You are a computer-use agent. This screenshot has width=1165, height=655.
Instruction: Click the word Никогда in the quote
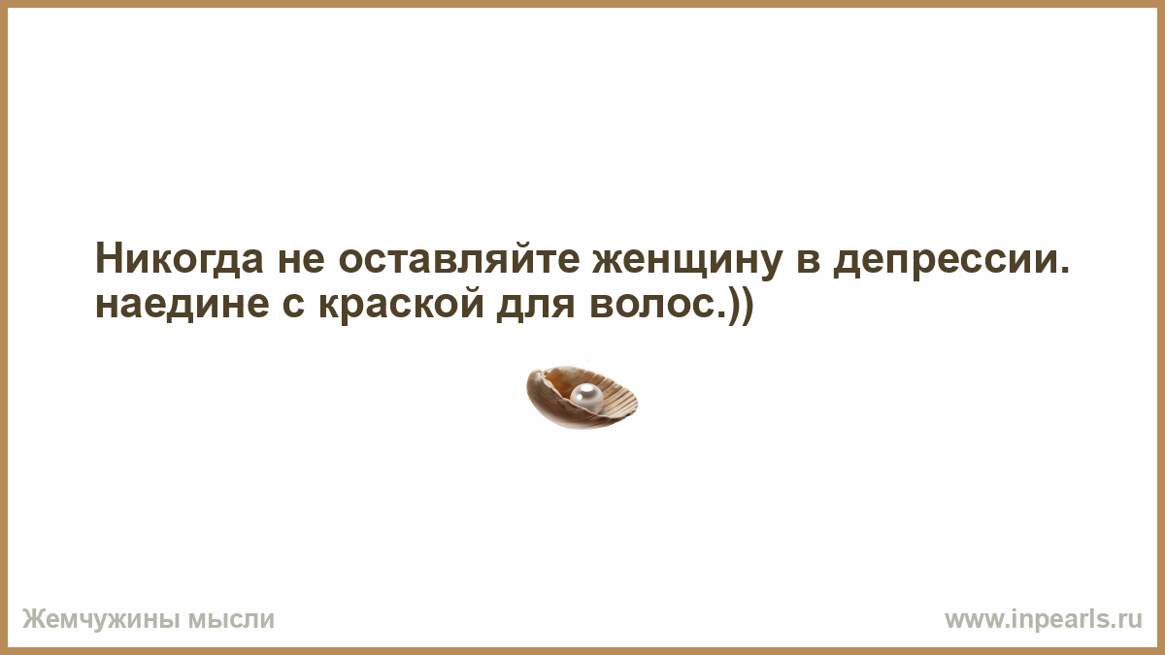(x=180, y=259)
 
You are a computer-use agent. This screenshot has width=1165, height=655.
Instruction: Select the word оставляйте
(x=459, y=259)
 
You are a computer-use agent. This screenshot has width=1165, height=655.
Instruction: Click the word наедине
(x=183, y=304)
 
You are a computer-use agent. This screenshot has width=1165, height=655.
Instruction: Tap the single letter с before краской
(x=293, y=305)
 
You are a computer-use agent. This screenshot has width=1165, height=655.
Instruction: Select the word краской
(x=401, y=305)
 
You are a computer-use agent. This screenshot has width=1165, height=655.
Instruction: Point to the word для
(x=536, y=307)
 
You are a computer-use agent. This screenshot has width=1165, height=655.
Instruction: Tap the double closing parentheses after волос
(x=741, y=306)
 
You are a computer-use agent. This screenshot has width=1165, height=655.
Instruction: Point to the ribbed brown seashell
(x=582, y=397)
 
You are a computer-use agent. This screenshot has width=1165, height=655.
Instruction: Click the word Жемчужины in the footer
(x=101, y=619)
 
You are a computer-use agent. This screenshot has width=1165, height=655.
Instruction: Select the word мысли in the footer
(x=230, y=620)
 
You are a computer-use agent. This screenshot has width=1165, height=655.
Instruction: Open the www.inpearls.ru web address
(x=1044, y=619)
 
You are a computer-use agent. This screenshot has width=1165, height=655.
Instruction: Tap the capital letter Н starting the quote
(x=109, y=259)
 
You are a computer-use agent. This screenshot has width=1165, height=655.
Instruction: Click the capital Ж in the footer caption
(x=33, y=619)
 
